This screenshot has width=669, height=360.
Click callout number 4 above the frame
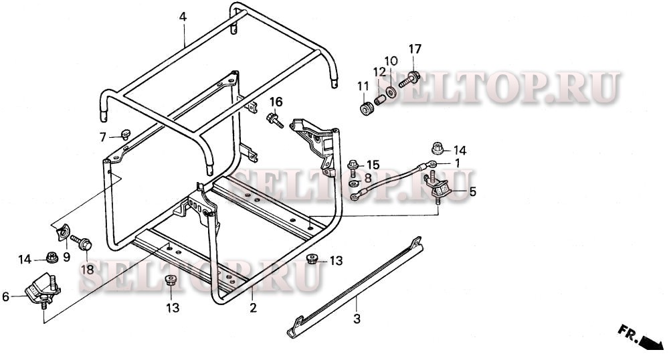[x=182, y=17]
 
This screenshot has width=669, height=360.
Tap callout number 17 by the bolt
[x=415, y=49]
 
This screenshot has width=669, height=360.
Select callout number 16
[x=276, y=102]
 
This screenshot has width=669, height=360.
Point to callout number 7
[x=103, y=138]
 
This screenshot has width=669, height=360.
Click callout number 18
[x=87, y=270]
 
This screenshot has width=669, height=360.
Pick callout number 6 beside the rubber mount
[x=6, y=296]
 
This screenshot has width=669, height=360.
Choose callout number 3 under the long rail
[x=357, y=319]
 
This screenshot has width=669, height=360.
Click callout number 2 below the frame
[x=253, y=308]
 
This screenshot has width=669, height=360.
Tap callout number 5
[x=472, y=191]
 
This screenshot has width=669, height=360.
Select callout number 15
[x=373, y=165]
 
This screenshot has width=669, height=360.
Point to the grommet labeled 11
[x=367, y=107]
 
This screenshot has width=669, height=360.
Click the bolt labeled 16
[x=273, y=120]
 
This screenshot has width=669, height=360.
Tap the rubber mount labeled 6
[x=41, y=288]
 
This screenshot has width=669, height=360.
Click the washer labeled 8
[x=353, y=183]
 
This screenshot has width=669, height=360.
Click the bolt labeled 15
[x=353, y=165]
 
